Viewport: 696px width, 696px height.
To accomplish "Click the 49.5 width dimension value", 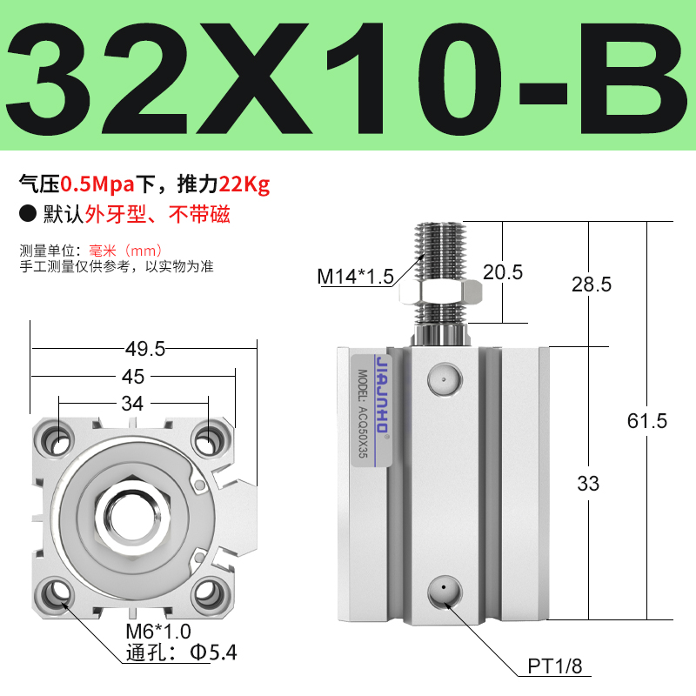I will pos(144,349).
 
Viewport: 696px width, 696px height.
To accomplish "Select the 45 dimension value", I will pos(134,377).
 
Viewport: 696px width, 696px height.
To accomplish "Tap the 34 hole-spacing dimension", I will pos(133,404).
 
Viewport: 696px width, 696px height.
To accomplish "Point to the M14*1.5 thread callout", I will pos(355,277).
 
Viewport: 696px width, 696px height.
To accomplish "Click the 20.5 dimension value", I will pos(503,272).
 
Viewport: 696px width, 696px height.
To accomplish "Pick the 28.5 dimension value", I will pos(592,284).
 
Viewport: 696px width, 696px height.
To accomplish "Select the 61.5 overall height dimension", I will pos(647,421).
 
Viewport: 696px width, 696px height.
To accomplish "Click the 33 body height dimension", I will pos(588,484).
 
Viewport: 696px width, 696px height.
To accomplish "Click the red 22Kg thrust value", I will pos(245,184).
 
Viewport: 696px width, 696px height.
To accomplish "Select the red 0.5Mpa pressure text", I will pos(91,184).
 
